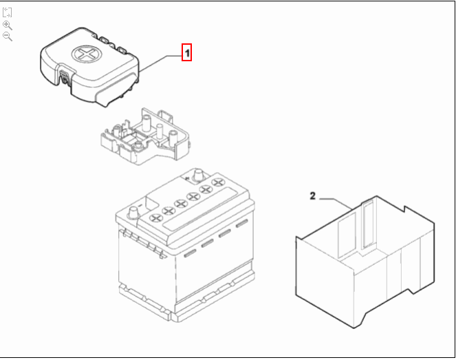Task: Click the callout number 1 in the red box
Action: pyautogui.click(x=186, y=52)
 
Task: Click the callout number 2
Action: pyautogui.click(x=312, y=197)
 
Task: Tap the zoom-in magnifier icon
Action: pyautogui.click(x=8, y=25)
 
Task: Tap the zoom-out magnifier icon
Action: pyautogui.click(x=8, y=36)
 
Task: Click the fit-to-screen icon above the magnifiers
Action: pyautogui.click(x=8, y=13)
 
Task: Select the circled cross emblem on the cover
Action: pyautogui.click(x=87, y=54)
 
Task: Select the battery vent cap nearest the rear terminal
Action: pyautogui.click(x=219, y=182)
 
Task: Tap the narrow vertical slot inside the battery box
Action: pyautogui.click(x=367, y=224)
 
